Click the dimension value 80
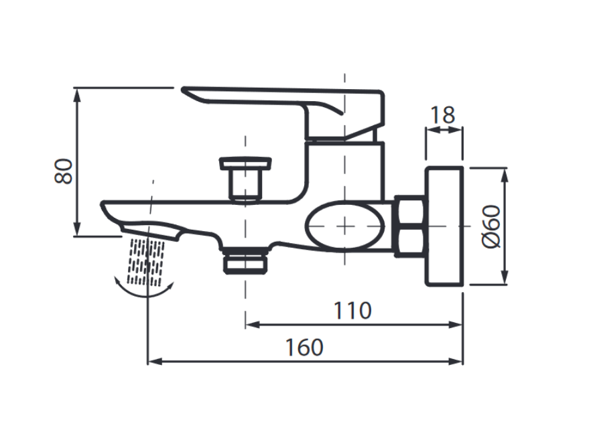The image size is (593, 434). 64,171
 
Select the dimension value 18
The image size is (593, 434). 442,115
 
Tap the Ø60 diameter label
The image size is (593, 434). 491,227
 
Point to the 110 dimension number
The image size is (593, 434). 352,311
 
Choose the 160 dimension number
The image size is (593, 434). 304,348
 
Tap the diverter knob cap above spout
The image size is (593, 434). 245,163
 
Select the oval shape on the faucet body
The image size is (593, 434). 344,227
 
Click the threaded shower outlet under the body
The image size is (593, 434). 246,260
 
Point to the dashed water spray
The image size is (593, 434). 146,262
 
